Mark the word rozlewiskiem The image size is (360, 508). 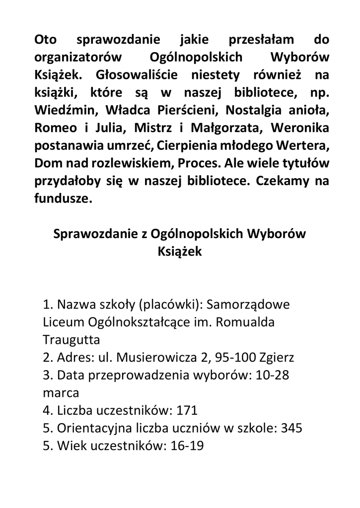(147, 163)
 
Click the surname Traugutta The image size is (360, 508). (72, 340)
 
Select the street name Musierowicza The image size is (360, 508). (153, 358)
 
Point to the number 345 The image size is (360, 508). (291, 428)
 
